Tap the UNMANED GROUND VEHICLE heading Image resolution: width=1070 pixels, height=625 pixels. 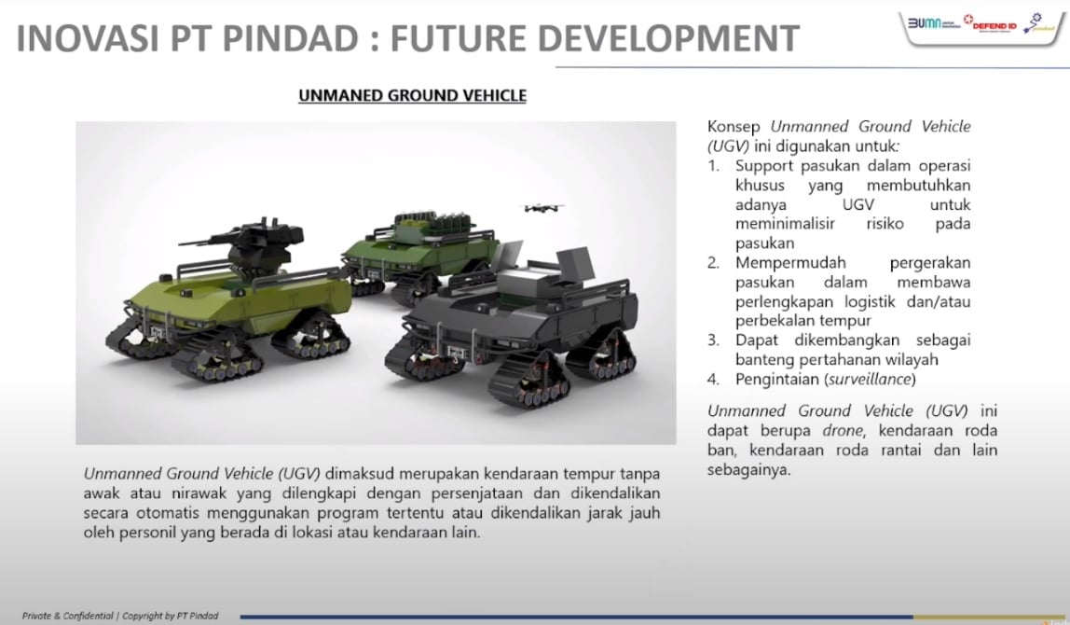pos(412,95)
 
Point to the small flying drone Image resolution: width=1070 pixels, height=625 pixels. pos(544,207)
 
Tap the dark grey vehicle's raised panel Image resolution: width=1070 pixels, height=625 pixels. pos(574,265)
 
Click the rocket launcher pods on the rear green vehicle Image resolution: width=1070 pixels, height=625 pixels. pos(430,223)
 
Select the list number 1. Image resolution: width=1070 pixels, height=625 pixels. pos(714,165)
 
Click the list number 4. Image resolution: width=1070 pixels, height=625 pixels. pos(714,379)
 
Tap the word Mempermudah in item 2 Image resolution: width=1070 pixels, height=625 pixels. pos(790,263)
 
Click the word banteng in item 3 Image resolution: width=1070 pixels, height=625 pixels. pos(763,360)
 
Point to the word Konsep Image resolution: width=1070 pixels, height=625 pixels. pos(734,127)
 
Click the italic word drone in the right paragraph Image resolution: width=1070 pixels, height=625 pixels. pos(843,430)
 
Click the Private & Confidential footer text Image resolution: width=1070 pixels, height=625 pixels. pos(67,616)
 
